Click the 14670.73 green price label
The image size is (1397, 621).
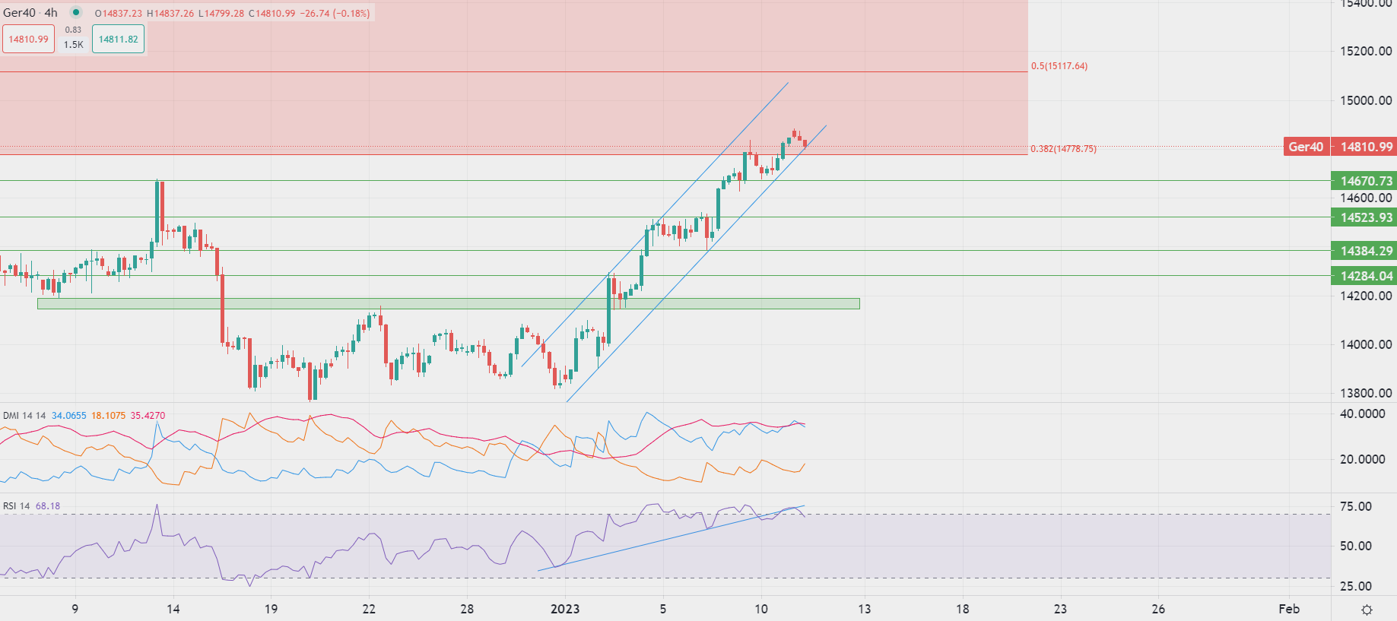point(1365,181)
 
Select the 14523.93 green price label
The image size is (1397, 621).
point(1365,217)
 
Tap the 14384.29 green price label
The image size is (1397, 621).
point(1365,251)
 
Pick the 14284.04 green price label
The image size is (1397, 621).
point(1365,276)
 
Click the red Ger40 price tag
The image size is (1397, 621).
point(1305,147)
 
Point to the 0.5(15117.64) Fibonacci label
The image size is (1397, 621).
point(1059,66)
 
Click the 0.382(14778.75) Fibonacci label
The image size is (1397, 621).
point(1063,149)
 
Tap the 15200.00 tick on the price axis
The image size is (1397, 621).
point(1366,52)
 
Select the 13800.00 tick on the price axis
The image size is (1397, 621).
point(1366,393)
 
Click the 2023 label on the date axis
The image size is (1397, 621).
point(565,609)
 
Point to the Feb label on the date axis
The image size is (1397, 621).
point(1289,609)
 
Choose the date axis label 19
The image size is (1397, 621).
point(271,609)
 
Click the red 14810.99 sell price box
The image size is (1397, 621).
point(29,40)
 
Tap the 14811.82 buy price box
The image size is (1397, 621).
point(119,40)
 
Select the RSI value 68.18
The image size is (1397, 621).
point(48,506)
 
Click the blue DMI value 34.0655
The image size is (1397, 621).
point(69,416)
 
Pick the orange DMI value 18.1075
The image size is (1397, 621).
point(109,416)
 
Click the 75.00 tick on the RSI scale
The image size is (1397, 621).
point(1356,507)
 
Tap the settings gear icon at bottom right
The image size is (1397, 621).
point(1367,610)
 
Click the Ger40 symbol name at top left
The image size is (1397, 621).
point(19,13)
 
